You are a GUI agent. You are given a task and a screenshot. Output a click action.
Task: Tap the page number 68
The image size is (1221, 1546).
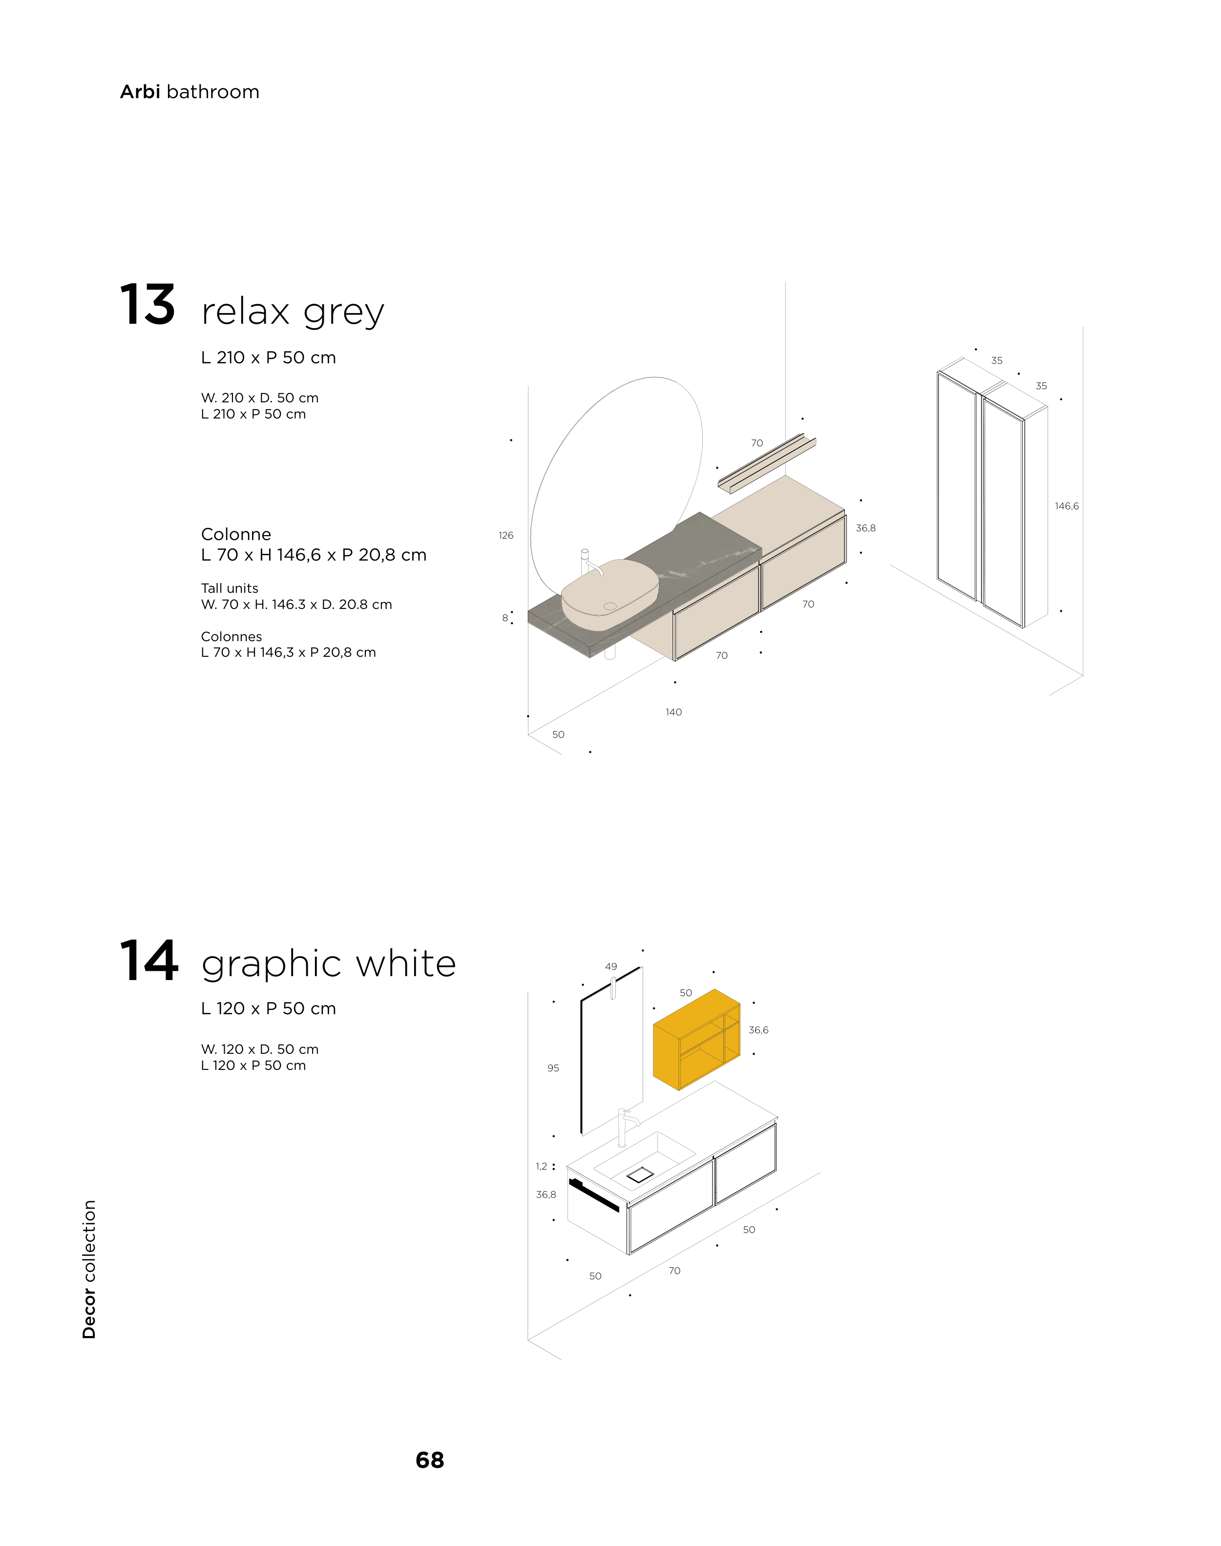pos(430,1460)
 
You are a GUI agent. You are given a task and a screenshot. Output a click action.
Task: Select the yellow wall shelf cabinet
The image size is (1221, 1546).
pos(696,1039)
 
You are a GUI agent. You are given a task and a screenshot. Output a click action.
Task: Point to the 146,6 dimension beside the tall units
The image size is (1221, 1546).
pos(1067,506)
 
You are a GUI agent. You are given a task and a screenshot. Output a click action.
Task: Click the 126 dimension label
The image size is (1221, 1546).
pos(506,535)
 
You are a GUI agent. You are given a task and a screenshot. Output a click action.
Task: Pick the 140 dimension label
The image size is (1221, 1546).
pos(674,712)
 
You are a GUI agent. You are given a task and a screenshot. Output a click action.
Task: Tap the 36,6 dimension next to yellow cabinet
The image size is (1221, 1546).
pos(758,1030)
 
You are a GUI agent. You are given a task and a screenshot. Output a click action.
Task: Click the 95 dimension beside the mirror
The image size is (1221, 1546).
pos(552,1068)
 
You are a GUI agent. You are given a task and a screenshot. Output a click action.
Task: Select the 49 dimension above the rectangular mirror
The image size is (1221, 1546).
pos(610,966)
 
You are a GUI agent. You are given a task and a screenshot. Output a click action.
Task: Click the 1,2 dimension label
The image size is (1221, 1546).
pos(541,1167)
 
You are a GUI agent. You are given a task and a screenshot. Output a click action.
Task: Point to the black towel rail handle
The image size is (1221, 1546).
pos(594,1195)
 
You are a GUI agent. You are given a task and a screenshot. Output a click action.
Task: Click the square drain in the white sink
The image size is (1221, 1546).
pos(640,1174)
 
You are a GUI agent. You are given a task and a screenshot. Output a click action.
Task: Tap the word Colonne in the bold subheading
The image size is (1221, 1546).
pos(236,535)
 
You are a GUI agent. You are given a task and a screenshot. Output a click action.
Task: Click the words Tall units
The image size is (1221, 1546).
pos(230,588)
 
